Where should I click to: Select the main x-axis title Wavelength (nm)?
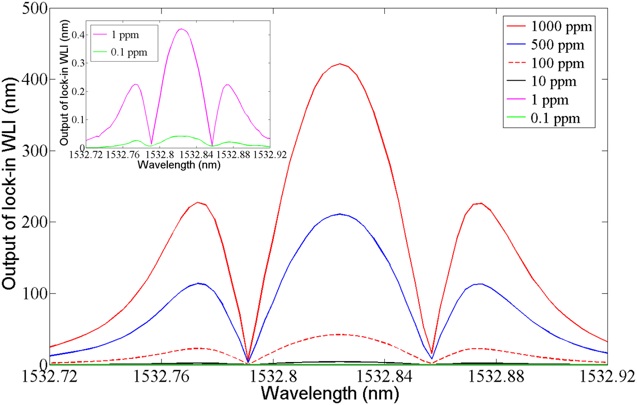(x=330, y=394)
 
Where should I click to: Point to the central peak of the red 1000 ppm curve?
(x=340, y=64)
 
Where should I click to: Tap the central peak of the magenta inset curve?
(x=181, y=29)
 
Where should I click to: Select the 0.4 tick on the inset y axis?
(x=77, y=36)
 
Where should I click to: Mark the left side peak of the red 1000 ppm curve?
(x=197, y=202)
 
